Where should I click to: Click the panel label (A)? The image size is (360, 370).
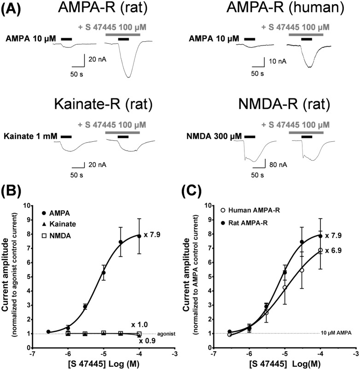[x=11, y=9]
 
